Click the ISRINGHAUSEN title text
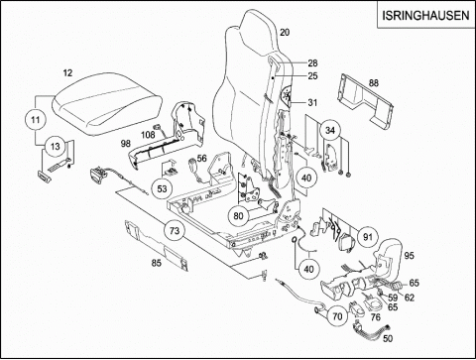(x=425, y=16)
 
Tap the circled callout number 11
(x=36, y=120)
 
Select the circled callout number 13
(x=56, y=146)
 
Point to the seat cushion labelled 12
(x=107, y=106)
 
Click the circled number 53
(x=162, y=189)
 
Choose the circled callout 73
(x=175, y=230)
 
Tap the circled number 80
(x=238, y=216)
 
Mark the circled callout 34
(x=330, y=130)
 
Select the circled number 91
(x=368, y=237)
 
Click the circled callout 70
(x=337, y=316)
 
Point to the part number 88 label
(x=374, y=83)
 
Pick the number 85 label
(x=157, y=263)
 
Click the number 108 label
(x=148, y=135)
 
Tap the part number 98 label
(x=126, y=144)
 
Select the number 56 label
(x=202, y=159)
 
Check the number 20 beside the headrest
(x=285, y=33)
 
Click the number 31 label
(x=312, y=103)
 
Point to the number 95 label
(x=410, y=256)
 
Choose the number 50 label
(x=388, y=339)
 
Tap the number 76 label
(x=376, y=317)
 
